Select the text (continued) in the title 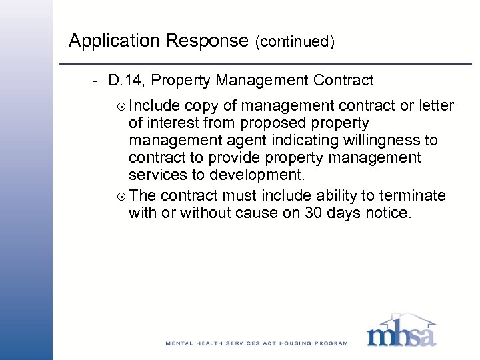pos(294,42)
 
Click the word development pos(257,175)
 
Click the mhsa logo pos(401,331)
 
